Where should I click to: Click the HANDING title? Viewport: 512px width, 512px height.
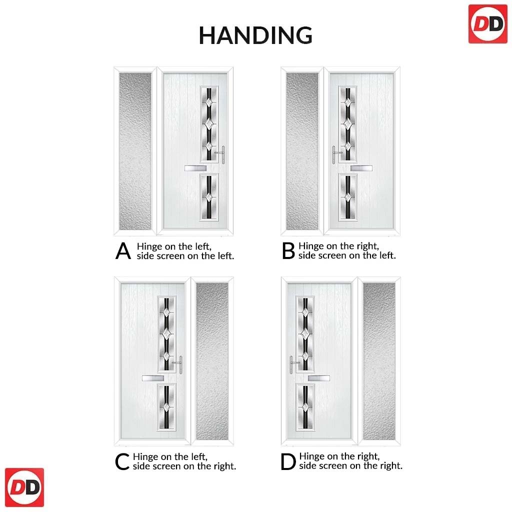[x=255, y=35]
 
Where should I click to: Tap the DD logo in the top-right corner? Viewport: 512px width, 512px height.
[x=488, y=24]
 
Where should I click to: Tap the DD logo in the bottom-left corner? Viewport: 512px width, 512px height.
[x=24, y=487]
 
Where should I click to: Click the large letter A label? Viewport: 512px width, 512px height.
[x=123, y=251]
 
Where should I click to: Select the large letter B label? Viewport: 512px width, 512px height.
[x=288, y=251]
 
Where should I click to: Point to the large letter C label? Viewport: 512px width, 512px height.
[x=122, y=461]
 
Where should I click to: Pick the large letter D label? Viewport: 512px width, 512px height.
[x=288, y=461]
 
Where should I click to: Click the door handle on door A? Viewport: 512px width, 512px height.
[x=221, y=154]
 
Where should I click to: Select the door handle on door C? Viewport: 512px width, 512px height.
[x=178, y=364]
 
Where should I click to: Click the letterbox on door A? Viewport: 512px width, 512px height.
[x=195, y=168]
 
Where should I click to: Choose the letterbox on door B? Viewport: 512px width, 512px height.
[x=361, y=168]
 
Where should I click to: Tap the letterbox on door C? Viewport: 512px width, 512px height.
[x=153, y=378]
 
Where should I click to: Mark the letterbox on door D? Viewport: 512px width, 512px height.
[x=319, y=378]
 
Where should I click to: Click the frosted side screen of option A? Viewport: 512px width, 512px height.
[x=135, y=151]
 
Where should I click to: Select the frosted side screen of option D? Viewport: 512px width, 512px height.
[x=379, y=361]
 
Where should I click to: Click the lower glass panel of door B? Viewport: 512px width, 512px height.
[x=348, y=197]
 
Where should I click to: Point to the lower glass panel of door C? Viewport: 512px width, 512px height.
[x=166, y=407]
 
